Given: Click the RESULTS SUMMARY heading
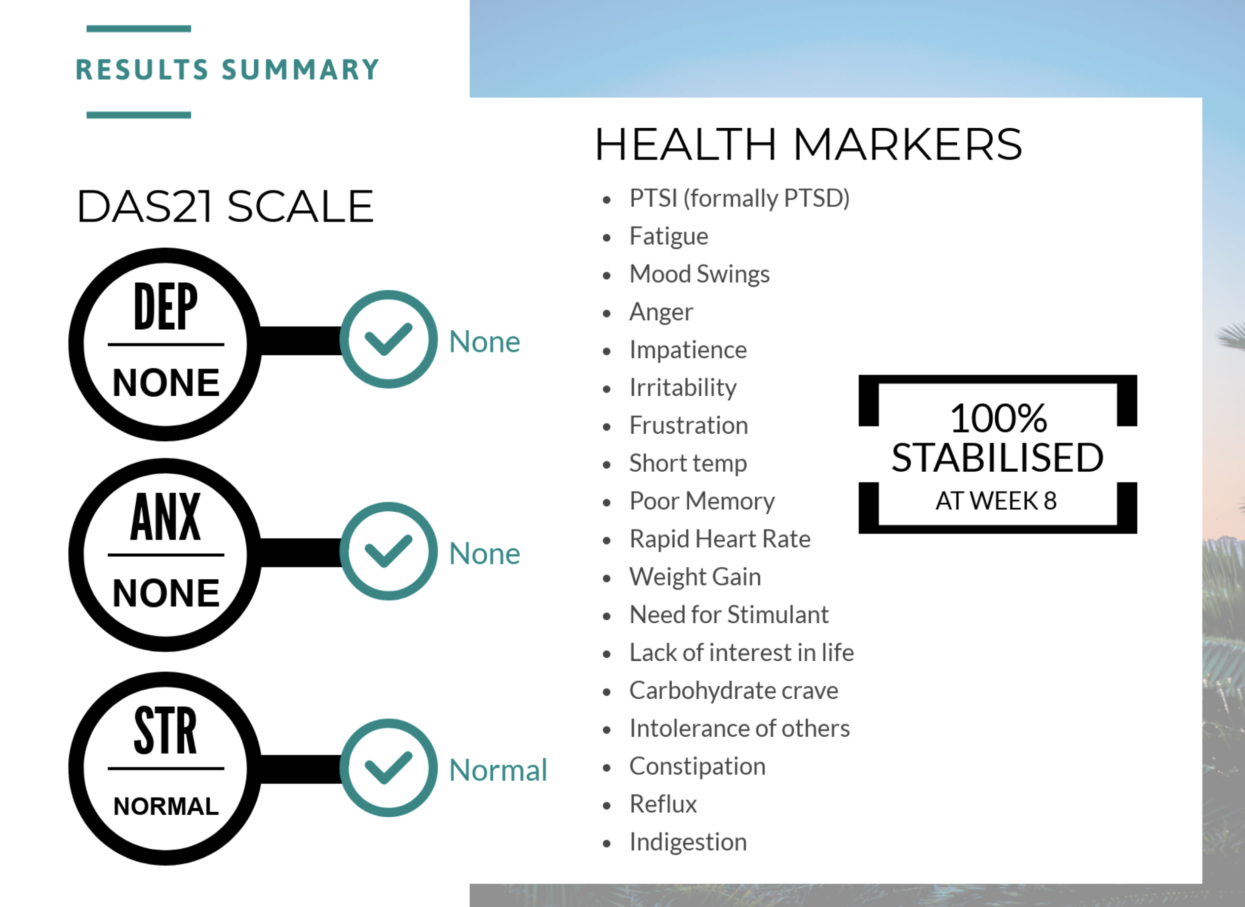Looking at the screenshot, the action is tap(227, 70).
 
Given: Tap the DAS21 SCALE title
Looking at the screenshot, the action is tap(225, 206).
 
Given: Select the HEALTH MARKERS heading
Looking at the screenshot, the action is tap(808, 144).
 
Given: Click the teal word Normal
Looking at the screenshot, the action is tap(498, 770).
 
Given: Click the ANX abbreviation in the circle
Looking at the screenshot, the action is tap(166, 517).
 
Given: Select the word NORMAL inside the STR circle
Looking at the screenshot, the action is tap(166, 807).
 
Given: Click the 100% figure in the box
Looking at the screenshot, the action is tap(998, 419).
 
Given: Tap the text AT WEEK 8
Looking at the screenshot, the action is tap(996, 501).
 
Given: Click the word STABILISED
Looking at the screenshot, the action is tap(997, 458).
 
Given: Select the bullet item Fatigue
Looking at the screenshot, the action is tap(669, 237).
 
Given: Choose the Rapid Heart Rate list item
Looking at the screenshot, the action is tap(720, 539).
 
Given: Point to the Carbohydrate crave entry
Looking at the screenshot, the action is tap(734, 691).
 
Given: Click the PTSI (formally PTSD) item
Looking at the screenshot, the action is tap(740, 199).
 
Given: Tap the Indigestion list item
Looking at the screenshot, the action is tap(688, 842).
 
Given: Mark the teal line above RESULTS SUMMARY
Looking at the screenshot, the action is tap(139, 28).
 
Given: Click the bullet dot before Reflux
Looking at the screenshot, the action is tap(607, 806).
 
